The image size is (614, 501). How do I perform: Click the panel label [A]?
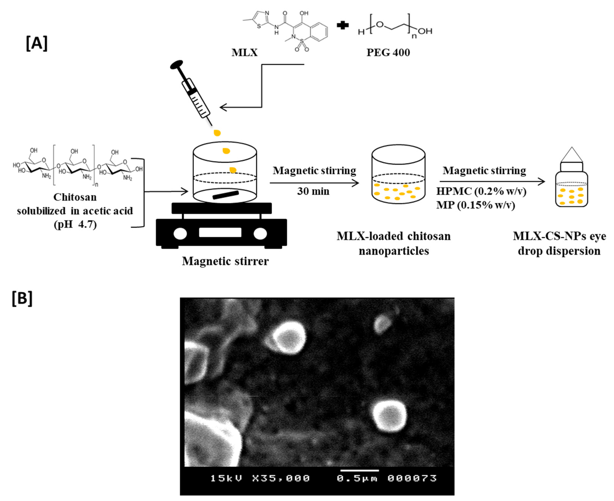pyautogui.click(x=37, y=43)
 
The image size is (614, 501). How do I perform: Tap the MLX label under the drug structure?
pyautogui.click(x=245, y=52)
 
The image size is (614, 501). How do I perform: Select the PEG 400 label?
pyautogui.click(x=388, y=52)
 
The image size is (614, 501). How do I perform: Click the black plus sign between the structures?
pyautogui.click(x=343, y=25)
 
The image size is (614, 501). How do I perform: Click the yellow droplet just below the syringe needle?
pyautogui.click(x=217, y=133)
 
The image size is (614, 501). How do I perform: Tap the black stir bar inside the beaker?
pyautogui.click(x=225, y=195)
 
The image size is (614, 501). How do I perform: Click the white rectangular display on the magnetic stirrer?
pyautogui.click(x=220, y=232)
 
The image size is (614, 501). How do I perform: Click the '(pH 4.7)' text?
pyautogui.click(x=75, y=224)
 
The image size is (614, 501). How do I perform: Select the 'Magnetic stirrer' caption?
pyautogui.click(x=225, y=261)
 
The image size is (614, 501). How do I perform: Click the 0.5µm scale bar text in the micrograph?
pyautogui.click(x=357, y=479)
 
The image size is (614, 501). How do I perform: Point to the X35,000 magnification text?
pyautogui.click(x=281, y=479)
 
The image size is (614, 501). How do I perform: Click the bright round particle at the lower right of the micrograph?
pyautogui.click(x=389, y=416)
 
